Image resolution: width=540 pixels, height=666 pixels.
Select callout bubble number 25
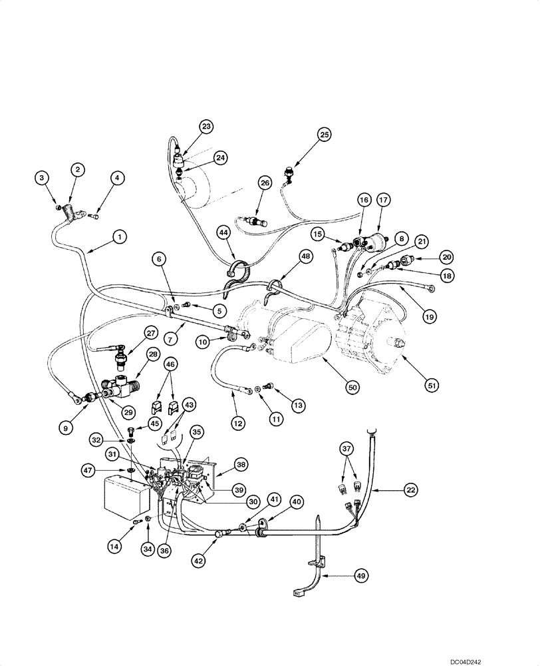click(323, 135)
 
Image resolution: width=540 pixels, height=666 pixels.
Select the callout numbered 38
click(240, 464)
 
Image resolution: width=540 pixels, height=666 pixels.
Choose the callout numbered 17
click(383, 199)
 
